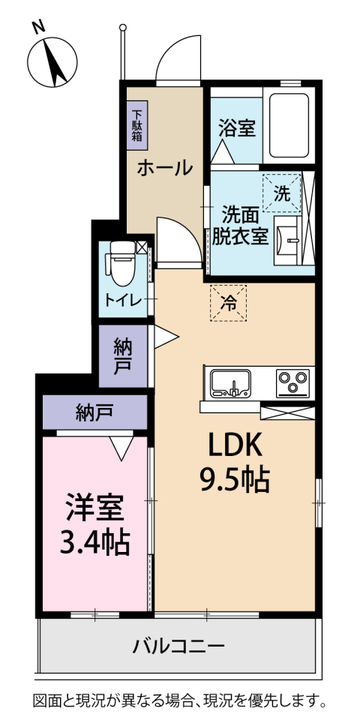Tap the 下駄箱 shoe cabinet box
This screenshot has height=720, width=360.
click(137, 121)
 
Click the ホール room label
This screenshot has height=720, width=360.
click(163, 168)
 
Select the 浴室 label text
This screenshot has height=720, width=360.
click(236, 128)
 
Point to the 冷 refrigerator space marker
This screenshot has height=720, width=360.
click(228, 304)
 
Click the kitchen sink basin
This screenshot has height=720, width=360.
click(232, 383)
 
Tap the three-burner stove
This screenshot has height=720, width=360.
click(292, 383)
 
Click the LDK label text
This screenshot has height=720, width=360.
click(234, 446)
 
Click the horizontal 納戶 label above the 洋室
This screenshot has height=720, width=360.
click(94, 412)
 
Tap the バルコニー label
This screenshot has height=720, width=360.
click(178, 646)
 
